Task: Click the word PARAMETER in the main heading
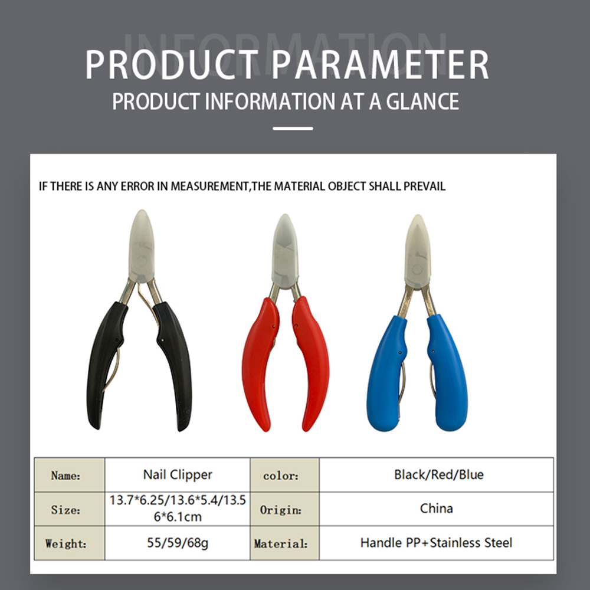[x=380, y=64]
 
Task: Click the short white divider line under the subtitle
[x=293, y=129]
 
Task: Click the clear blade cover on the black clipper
[x=142, y=246]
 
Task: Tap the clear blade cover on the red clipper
[x=285, y=251]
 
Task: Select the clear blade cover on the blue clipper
[x=417, y=251]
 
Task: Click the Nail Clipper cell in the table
[x=177, y=475]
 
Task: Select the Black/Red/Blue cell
[x=437, y=475]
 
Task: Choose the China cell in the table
[x=437, y=509]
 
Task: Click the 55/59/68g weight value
[x=177, y=543]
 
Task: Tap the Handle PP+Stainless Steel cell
[x=437, y=543]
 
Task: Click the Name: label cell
[x=70, y=475]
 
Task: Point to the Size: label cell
[x=70, y=509]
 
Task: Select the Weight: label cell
[x=70, y=543]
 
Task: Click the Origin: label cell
[x=284, y=509]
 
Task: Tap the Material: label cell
[x=284, y=543]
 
